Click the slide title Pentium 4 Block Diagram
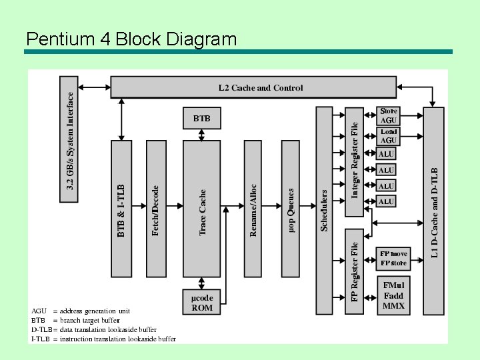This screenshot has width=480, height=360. [x=131, y=39]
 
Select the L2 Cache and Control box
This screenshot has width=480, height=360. [x=260, y=87]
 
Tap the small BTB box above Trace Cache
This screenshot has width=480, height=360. [x=201, y=119]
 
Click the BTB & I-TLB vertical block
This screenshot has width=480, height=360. [x=121, y=209]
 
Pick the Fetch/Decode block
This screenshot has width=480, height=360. [x=155, y=209]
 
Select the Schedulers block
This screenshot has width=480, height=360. [x=324, y=210]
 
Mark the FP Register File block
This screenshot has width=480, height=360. [x=354, y=271]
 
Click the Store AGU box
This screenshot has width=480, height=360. [x=389, y=115]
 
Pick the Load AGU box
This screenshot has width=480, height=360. [x=389, y=136]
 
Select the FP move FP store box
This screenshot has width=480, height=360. [x=393, y=258]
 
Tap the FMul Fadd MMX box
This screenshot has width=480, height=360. [x=393, y=295]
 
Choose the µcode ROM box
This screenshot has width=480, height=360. [x=201, y=302]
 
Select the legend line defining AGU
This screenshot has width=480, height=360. [x=81, y=311]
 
